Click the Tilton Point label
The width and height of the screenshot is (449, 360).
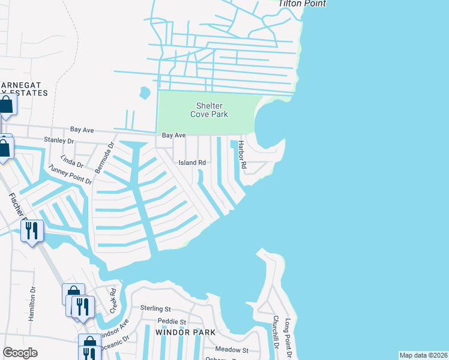(x=303, y=4)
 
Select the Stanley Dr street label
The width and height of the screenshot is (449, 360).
(x=58, y=142)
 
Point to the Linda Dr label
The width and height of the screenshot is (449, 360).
(x=72, y=163)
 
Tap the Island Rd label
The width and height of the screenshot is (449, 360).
(x=192, y=163)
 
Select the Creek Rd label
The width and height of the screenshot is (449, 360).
(x=112, y=300)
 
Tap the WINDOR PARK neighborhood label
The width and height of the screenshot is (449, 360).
(x=184, y=332)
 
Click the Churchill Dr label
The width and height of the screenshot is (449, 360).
(x=276, y=332)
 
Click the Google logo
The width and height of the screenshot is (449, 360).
(x=20, y=353)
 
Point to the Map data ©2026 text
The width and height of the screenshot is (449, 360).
(x=423, y=355)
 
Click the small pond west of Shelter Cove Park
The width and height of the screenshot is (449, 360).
(x=145, y=93)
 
